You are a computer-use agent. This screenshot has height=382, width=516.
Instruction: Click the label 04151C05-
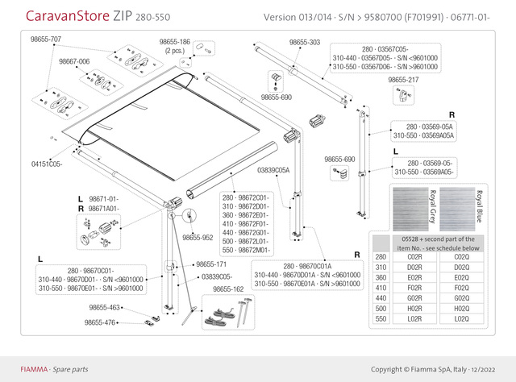tap(47, 164)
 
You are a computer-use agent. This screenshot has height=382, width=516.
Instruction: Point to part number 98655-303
tap(304, 41)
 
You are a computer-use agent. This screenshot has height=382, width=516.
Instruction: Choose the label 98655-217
tap(403, 81)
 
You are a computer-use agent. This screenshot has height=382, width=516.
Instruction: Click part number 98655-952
tap(197, 238)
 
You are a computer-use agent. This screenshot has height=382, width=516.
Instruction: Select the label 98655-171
tap(211, 264)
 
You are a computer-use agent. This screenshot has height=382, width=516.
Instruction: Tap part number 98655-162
tap(228, 288)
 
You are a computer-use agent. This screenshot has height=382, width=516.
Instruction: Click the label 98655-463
tap(104, 307)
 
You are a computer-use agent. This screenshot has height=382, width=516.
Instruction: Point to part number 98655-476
tap(101, 322)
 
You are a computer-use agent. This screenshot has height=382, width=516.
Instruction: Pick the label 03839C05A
tap(273, 171)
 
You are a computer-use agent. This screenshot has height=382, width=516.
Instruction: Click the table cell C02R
tap(415, 256)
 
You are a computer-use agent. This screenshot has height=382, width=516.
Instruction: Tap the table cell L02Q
tap(462, 319)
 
